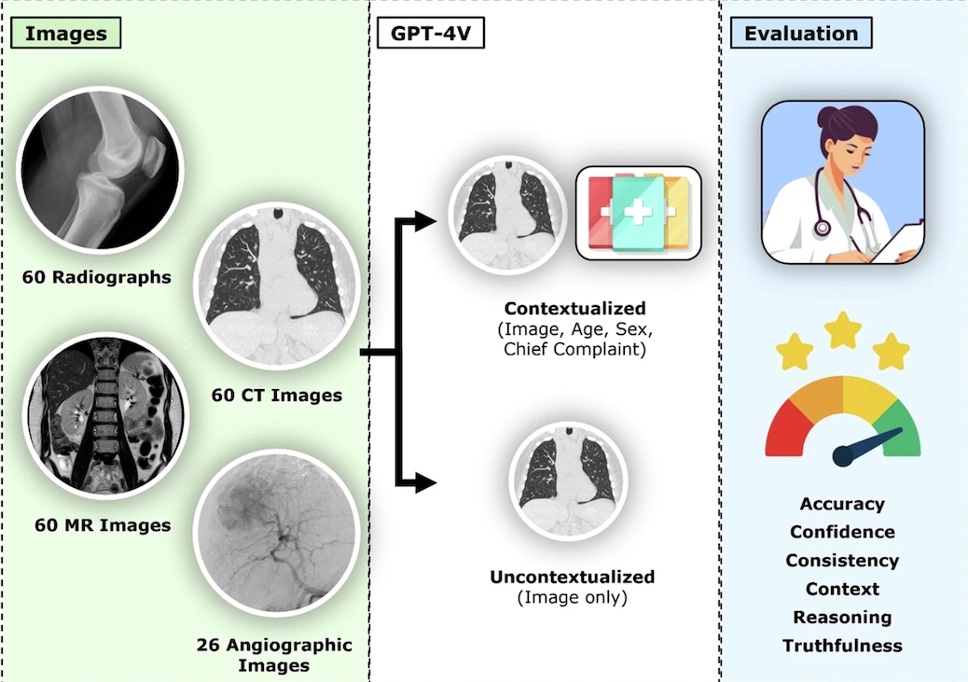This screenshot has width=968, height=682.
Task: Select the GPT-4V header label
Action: (x=431, y=35)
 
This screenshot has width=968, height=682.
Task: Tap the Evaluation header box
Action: (x=801, y=35)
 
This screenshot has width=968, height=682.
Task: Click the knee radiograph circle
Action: (x=100, y=176)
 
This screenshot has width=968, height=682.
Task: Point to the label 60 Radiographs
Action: (x=99, y=277)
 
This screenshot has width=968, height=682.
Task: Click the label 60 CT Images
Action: (x=276, y=396)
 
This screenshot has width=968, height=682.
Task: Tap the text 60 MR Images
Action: (x=103, y=525)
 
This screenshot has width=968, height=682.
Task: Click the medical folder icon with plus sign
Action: (x=638, y=213)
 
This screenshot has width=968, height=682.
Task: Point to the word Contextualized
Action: (x=574, y=308)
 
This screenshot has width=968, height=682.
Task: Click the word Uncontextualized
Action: (x=573, y=577)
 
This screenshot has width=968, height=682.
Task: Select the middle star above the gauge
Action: (x=843, y=328)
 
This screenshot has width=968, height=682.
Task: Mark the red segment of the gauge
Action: (x=786, y=427)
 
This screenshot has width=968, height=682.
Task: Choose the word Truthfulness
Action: (x=842, y=646)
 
